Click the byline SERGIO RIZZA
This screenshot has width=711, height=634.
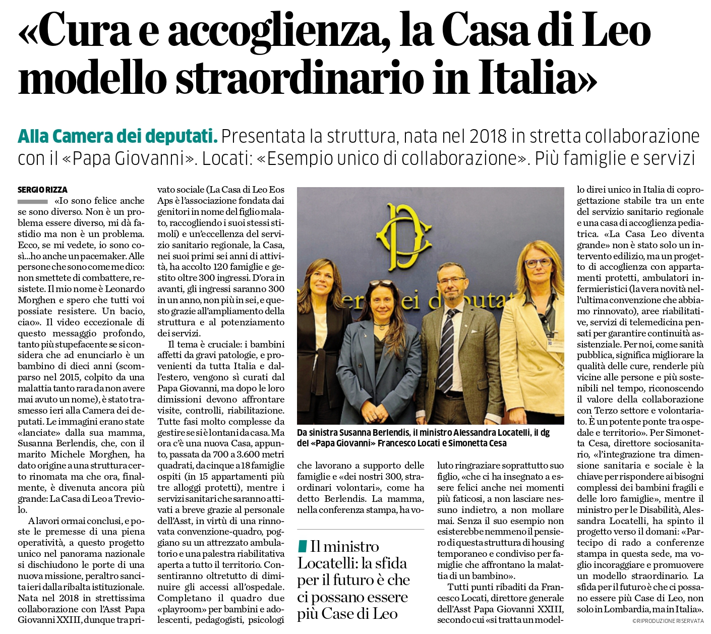point(42,190)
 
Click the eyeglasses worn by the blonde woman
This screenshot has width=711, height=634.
point(538,263)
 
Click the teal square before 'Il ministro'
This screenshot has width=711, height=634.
point(303,546)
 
